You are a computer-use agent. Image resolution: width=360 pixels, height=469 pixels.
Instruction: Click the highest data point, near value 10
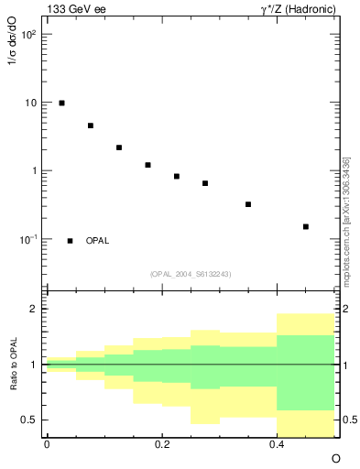coord(61,104)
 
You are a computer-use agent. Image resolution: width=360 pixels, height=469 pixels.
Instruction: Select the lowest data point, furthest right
coord(306,226)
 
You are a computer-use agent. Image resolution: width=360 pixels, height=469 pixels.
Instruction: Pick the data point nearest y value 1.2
coord(147,165)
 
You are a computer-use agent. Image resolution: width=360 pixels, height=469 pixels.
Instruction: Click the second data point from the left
coord(91,125)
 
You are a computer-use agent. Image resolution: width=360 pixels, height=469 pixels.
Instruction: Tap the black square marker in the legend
coord(70,241)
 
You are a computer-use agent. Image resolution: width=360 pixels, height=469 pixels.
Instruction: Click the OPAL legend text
coord(97,241)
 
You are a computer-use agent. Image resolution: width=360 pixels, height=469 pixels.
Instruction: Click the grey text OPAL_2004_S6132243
coord(191,273)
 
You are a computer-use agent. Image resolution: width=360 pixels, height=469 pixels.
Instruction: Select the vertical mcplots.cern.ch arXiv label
coord(346,220)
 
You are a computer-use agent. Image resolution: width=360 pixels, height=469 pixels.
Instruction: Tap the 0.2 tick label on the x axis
coord(161,443)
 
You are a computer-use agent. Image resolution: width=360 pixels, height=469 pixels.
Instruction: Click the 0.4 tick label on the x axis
coord(277,443)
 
